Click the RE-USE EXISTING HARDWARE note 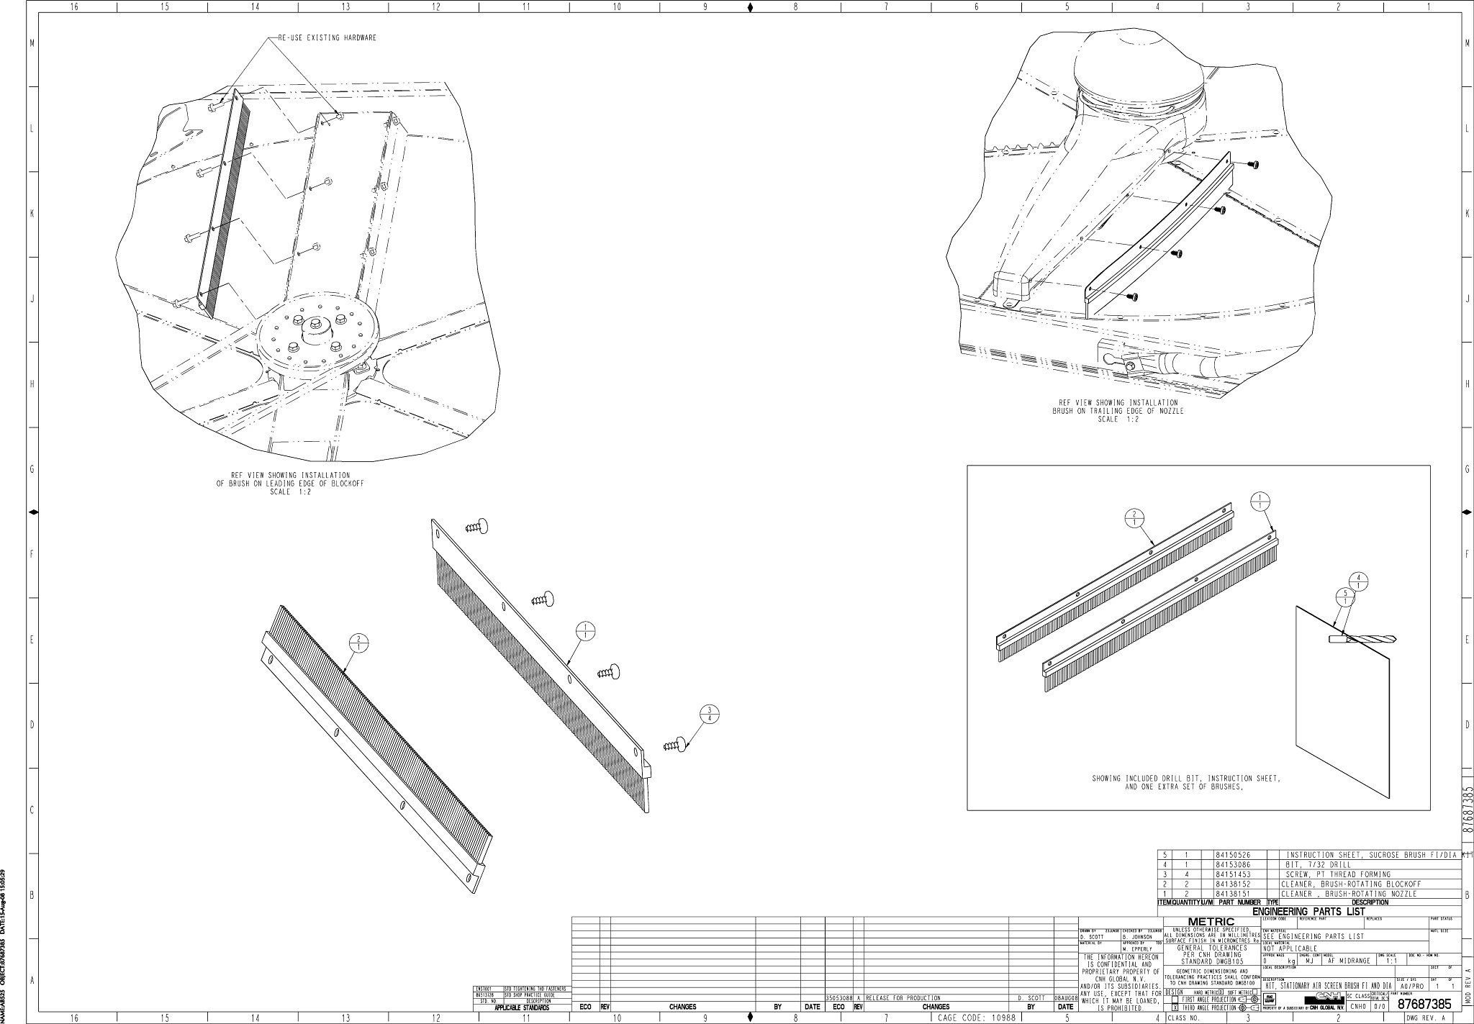pyautogui.click(x=327, y=38)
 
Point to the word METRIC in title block pyautogui.click(x=1211, y=921)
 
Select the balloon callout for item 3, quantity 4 pyautogui.click(x=710, y=715)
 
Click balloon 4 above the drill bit pyautogui.click(x=1358, y=581)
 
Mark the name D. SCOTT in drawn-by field pyautogui.click(x=1092, y=936)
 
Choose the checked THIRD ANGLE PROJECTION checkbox pyautogui.click(x=1175, y=1008)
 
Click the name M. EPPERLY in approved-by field pyautogui.click(x=1138, y=949)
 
